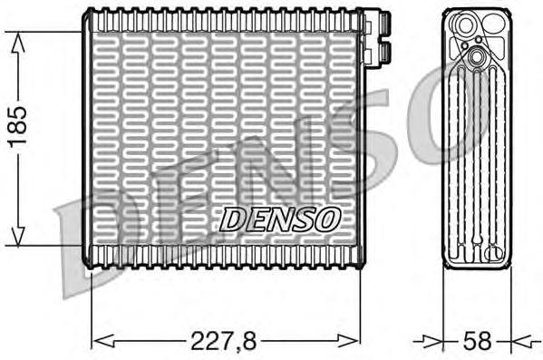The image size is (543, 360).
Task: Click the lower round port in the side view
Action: (x=476, y=60)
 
